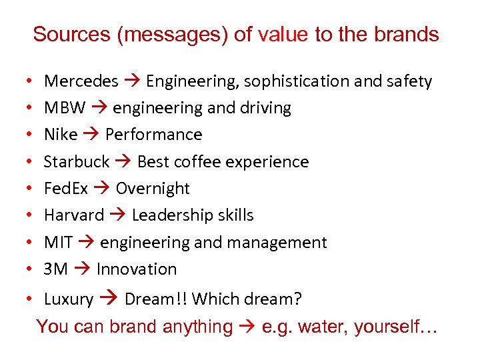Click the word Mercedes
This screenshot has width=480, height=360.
click(x=81, y=81)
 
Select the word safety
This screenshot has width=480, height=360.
click(x=409, y=81)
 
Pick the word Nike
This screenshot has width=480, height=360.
click(x=60, y=135)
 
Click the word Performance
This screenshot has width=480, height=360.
click(x=153, y=135)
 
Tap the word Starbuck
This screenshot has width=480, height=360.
click(x=76, y=162)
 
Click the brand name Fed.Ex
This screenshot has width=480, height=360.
click(x=65, y=189)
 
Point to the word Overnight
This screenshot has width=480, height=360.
click(x=153, y=189)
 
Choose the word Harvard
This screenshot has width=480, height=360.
click(x=73, y=215)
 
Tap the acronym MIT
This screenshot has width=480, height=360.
click(x=58, y=243)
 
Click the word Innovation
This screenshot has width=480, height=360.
click(x=137, y=269)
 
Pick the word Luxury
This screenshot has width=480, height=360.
click(x=68, y=299)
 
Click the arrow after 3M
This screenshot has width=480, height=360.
click(x=82, y=269)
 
